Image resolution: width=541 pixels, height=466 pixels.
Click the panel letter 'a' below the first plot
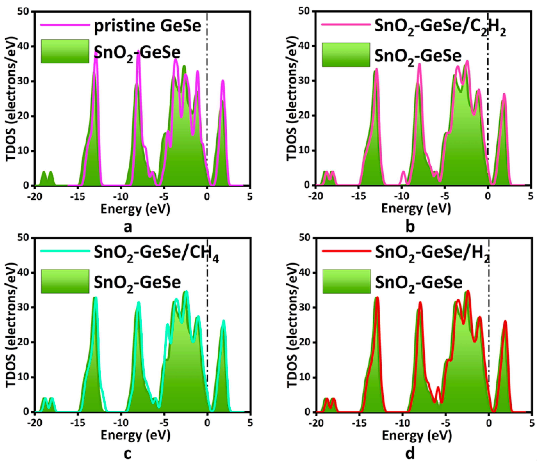tap(128, 227)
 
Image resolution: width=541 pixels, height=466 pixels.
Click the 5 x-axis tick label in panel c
tap(250, 423)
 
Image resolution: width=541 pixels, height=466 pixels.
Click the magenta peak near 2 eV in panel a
tap(223, 81)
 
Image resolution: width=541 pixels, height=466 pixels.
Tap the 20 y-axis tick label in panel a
tap(26, 116)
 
